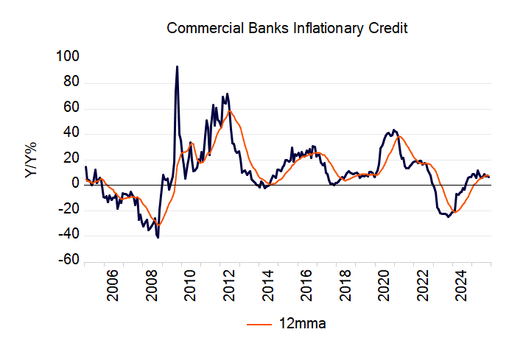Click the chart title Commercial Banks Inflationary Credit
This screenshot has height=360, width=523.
tap(287, 29)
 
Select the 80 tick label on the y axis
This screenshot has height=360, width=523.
tap(71, 83)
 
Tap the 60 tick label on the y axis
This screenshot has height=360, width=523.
tap(71, 109)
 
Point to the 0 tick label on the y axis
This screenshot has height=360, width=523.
tap(74, 185)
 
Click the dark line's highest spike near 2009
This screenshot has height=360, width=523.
tap(177, 66)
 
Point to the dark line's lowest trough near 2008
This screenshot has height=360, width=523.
tap(158, 238)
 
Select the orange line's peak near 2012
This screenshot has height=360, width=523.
tap(230, 111)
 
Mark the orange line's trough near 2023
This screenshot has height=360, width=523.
tap(456, 212)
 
